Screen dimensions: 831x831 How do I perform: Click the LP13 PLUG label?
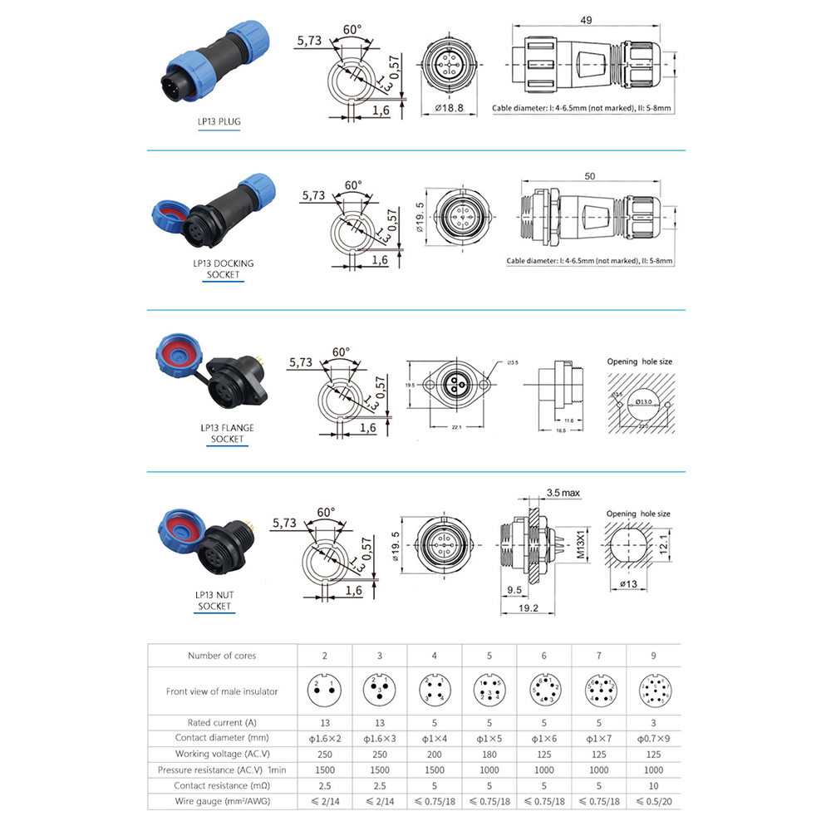pyautogui.click(x=219, y=122)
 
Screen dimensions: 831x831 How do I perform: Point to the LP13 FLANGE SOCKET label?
pyautogui.click(x=227, y=433)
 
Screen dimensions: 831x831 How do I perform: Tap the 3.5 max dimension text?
pyautogui.click(x=563, y=493)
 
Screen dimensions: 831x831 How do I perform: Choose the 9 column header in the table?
pyautogui.click(x=652, y=656)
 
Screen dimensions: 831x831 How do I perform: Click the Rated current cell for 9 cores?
pyautogui.click(x=652, y=723)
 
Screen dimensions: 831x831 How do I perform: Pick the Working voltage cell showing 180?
pyautogui.click(x=489, y=754)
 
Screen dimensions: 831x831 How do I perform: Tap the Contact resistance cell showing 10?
pyautogui.click(x=652, y=785)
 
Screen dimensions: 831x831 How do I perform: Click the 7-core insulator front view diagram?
pyautogui.click(x=597, y=689)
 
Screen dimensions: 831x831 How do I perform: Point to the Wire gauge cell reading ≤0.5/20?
pyautogui.click(x=652, y=801)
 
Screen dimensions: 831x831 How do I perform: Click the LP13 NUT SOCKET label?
pyautogui.click(x=214, y=600)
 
